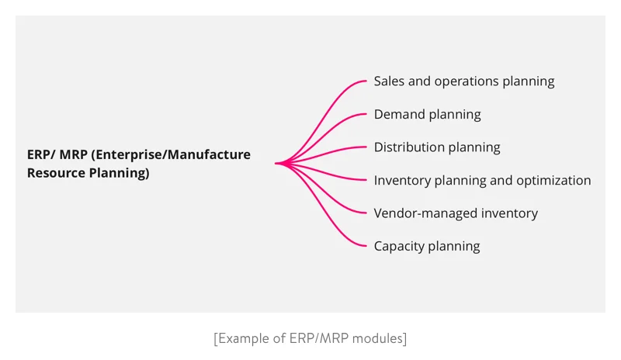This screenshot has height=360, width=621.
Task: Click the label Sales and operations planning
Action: tap(463, 81)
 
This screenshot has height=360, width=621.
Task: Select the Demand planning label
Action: tap(427, 115)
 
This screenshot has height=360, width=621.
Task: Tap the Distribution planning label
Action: tap(436, 147)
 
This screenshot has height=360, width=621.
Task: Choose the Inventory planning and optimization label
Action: tap(482, 181)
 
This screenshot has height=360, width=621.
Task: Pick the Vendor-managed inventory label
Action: tap(456, 213)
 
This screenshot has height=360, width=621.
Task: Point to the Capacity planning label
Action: tap(426, 247)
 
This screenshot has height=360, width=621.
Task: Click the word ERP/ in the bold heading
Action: tap(40, 154)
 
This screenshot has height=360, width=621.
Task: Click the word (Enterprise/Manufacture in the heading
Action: tap(171, 154)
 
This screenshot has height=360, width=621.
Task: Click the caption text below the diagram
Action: tap(310, 338)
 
